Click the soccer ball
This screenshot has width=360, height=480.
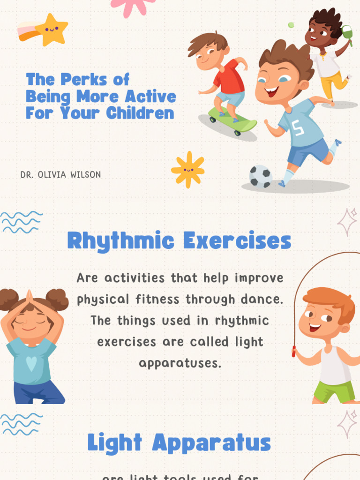pyautogui.click(x=260, y=176)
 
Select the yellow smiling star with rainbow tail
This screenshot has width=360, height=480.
pyautogui.click(x=51, y=29)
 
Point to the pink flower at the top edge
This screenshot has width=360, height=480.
pyautogui.click(x=133, y=6)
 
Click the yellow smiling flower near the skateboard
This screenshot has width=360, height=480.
pyautogui.click(x=188, y=170)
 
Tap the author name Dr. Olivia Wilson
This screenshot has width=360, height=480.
pyautogui.click(x=60, y=175)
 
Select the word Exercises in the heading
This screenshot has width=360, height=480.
pyautogui.click(x=237, y=241)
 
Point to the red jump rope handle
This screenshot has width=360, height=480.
pyautogui.click(x=294, y=352)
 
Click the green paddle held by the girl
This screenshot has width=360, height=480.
pyautogui.click(x=347, y=33)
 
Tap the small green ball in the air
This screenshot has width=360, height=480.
pyautogui.click(x=291, y=25)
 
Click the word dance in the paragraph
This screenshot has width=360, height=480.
pyautogui.click(x=263, y=299)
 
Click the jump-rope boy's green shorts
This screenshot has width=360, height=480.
pyautogui.click(x=334, y=391)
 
